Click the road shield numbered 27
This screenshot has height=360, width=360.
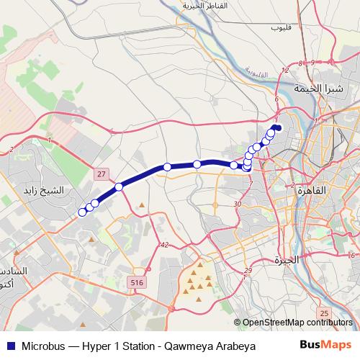click(x=102, y=174)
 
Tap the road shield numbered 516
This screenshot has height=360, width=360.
click(x=137, y=284)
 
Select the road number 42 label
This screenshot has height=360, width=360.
click(x=164, y=245)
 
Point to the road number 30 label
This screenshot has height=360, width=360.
click(x=237, y=204)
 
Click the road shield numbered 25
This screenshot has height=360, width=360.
click(x=324, y=312)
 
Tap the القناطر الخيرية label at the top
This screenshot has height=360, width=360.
click(x=204, y=6)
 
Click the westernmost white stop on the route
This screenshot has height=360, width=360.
click(x=81, y=212)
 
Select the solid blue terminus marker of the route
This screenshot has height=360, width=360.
click(x=278, y=128)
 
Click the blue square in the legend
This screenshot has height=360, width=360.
click(x=9, y=346)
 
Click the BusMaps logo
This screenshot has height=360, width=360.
click(x=325, y=345)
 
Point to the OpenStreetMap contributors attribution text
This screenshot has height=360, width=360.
click(x=297, y=323)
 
